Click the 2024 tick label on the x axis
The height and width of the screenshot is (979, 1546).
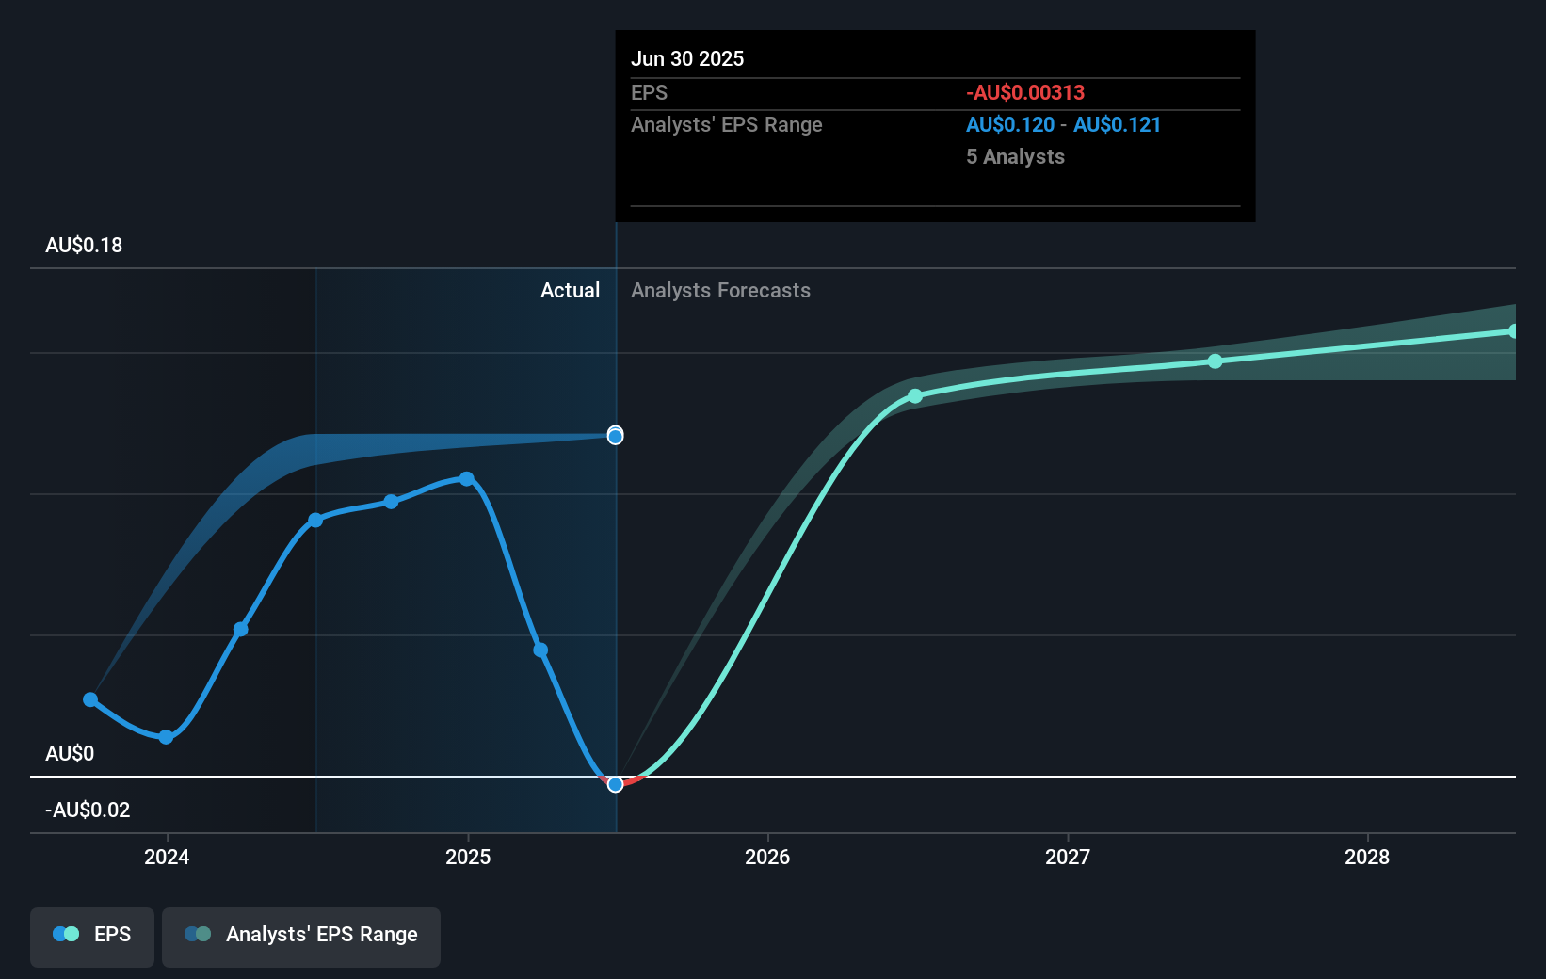[167, 857]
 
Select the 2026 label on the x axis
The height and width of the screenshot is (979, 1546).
[767, 857]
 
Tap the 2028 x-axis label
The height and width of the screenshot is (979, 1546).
[1367, 857]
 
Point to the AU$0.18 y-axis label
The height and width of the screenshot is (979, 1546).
[84, 246]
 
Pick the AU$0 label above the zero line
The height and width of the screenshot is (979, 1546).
[70, 754]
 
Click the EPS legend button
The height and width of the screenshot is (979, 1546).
[92, 935]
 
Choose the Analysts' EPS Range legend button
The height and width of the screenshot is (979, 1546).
[301, 935]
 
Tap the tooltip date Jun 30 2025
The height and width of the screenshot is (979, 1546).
[687, 59]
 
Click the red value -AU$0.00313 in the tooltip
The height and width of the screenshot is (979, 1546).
[1025, 93]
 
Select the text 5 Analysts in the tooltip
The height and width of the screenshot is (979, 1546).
[1015, 157]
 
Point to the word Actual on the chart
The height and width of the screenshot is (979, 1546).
[570, 291]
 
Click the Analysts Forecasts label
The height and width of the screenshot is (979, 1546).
[720, 291]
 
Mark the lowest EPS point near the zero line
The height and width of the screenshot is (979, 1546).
[615, 784]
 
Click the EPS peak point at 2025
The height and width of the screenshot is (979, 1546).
[467, 479]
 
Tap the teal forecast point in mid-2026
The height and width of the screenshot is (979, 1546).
[915, 396]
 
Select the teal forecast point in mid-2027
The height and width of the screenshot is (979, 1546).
[1216, 361]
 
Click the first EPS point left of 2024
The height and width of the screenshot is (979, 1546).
[90, 699]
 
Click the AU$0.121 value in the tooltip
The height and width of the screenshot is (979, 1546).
[1117, 125]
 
